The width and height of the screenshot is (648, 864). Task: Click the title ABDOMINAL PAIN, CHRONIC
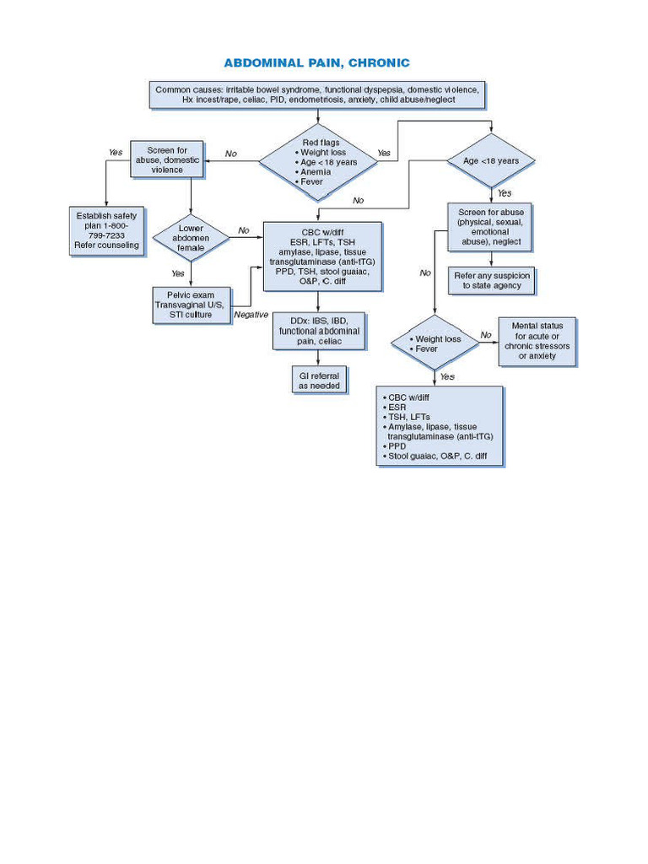coord(316,63)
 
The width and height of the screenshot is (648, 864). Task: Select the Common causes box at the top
coord(317,94)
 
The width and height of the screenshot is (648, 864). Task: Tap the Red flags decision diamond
coord(318,162)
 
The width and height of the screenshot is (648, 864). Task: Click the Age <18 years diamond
coord(490,160)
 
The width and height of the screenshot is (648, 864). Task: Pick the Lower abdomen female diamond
coord(191,238)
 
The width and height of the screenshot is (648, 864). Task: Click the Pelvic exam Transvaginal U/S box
coord(191,305)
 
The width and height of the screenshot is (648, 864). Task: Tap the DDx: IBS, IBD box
coord(318,331)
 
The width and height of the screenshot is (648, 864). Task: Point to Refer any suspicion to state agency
coord(492,280)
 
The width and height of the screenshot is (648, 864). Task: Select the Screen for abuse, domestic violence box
coord(167,159)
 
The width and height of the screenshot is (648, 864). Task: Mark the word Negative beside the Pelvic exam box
coord(251,314)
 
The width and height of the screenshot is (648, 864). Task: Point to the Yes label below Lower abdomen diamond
coord(178,273)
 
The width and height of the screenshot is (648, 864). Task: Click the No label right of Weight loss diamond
coord(486,335)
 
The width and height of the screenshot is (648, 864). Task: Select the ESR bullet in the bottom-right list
coord(397,407)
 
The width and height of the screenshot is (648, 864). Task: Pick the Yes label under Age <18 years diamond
coord(504,193)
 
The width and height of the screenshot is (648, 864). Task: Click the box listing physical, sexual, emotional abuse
coord(490,226)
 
